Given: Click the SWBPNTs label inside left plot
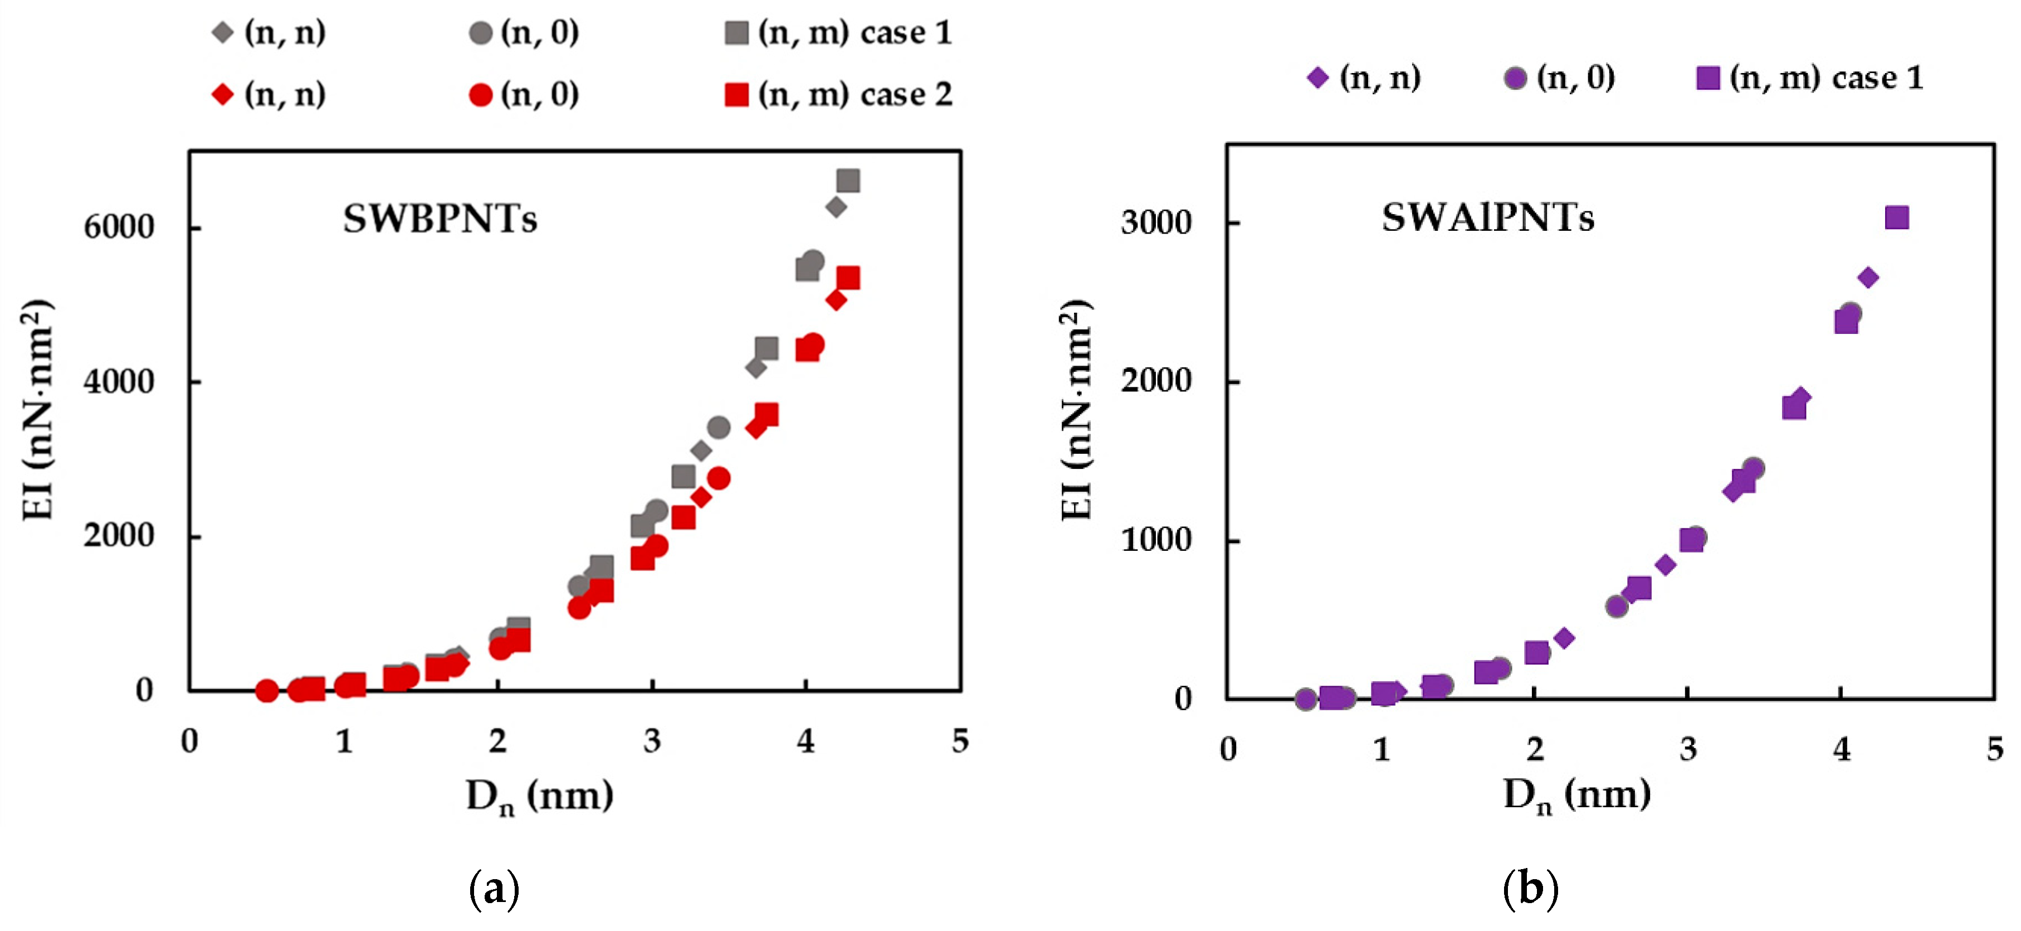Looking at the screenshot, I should click(x=440, y=219).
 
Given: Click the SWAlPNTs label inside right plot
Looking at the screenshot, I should click(x=1487, y=218).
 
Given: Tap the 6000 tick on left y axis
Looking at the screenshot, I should click(x=119, y=227).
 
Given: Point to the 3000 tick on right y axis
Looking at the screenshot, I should click(x=1156, y=223).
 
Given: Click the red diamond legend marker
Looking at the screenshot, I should click(x=223, y=95).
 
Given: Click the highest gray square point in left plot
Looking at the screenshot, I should click(x=848, y=181).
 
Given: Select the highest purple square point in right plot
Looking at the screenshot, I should click(x=1896, y=218).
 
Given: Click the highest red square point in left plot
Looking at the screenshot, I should click(x=848, y=278).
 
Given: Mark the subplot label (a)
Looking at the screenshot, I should click(x=494, y=889).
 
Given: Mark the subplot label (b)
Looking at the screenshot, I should click(x=1530, y=889).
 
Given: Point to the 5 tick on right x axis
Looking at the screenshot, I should click(x=1994, y=750).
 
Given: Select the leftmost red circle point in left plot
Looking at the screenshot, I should click(x=267, y=691).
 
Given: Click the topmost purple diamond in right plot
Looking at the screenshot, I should click(x=1868, y=278).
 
